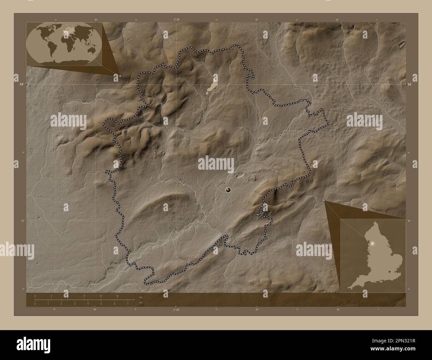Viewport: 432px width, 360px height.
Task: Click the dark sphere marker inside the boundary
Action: (228, 190)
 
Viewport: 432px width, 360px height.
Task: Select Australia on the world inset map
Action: (90, 48)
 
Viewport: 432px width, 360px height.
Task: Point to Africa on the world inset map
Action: (67, 42)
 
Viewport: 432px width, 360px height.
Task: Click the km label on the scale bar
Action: (141, 296)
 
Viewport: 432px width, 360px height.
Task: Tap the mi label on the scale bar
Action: (141, 303)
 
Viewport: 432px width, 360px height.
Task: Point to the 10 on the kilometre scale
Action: (117, 296)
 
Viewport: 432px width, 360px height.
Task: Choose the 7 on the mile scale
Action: (128, 304)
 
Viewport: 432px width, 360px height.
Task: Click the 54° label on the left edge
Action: (21, 84)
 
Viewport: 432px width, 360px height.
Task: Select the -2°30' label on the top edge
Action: (176, 19)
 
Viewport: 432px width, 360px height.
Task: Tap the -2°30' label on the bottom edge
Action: (176, 310)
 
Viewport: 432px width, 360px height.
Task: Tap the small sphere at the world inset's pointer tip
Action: (120, 76)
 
